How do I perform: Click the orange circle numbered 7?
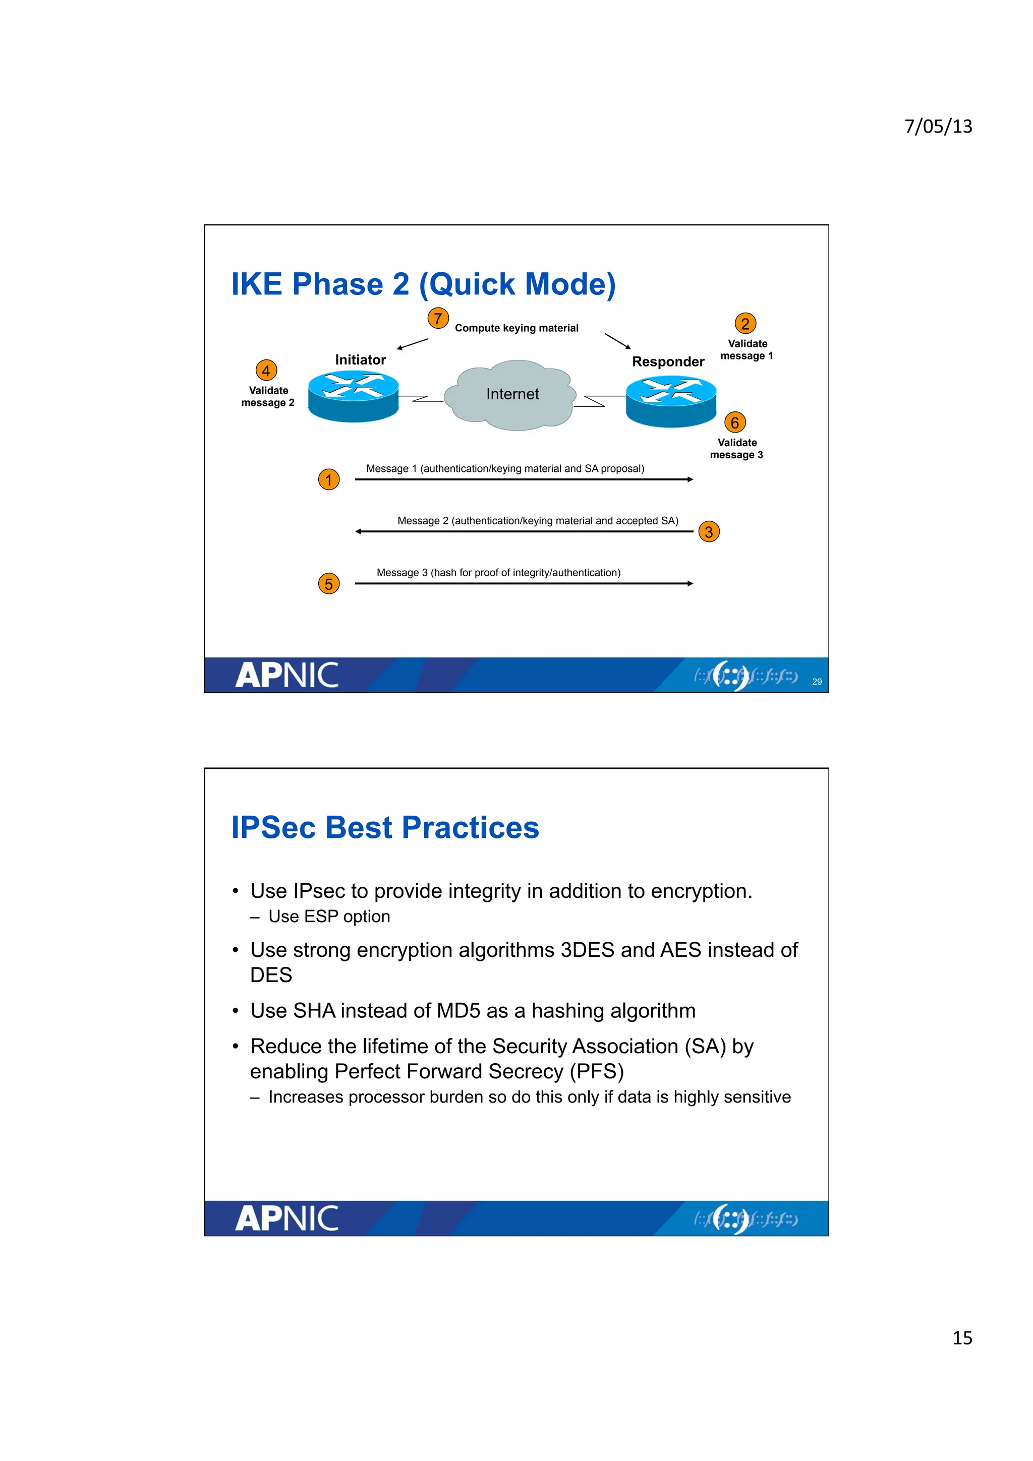[438, 318]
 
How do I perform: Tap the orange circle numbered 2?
[745, 323]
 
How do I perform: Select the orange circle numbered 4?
[266, 371]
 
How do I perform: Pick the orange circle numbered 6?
[734, 422]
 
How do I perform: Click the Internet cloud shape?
[512, 395]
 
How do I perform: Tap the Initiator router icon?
[353, 396]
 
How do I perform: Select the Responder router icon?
[671, 400]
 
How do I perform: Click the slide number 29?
[817, 682]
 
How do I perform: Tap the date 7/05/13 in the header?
[938, 126]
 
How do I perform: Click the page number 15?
[962, 1337]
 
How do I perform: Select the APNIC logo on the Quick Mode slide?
[287, 675]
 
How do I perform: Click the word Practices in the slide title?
[471, 828]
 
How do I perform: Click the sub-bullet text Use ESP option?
[329, 917]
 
